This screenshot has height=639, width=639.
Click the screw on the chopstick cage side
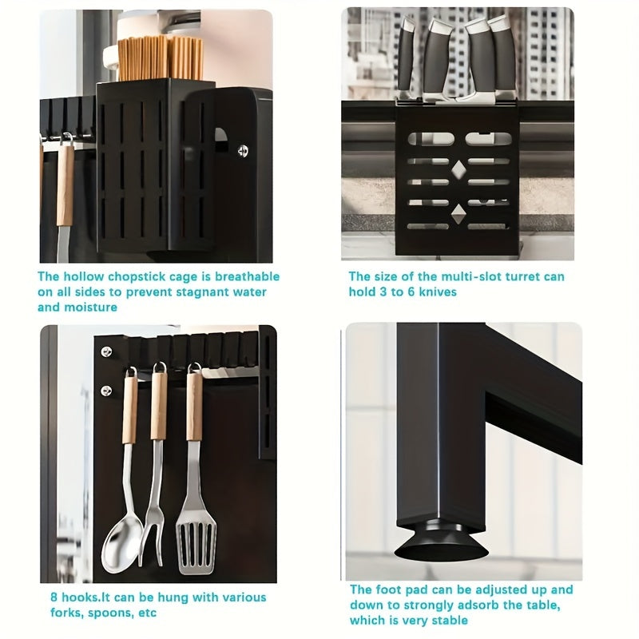pos(243,149)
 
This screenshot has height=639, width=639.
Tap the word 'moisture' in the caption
pos(90,307)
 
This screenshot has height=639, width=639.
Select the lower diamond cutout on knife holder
pos(458,212)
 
